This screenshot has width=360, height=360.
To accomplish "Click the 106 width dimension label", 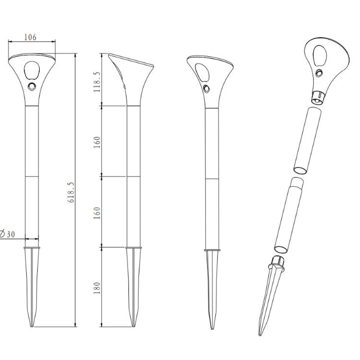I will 30,37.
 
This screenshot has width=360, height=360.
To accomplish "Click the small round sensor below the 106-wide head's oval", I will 32,86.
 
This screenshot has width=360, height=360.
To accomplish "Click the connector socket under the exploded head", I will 317,97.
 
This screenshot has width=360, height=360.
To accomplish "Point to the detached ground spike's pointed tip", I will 260,334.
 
